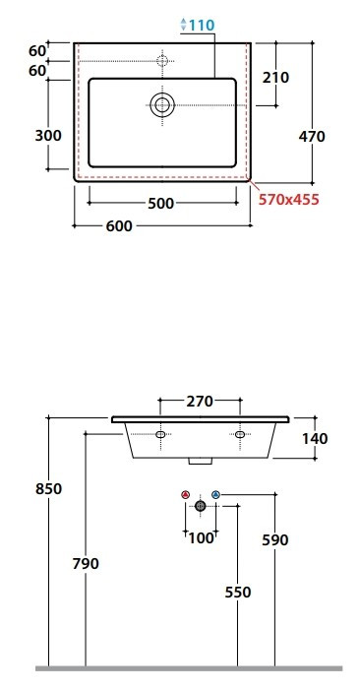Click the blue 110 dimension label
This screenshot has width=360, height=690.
click(202, 25)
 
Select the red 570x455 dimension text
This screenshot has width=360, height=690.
click(288, 200)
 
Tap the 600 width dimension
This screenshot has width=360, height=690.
click(119, 226)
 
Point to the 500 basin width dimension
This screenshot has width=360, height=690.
click(161, 204)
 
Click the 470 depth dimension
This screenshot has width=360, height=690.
click(312, 137)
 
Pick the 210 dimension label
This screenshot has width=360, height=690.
click(275, 78)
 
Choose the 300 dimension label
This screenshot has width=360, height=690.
click(48, 136)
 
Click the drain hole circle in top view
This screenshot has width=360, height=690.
click(162, 104)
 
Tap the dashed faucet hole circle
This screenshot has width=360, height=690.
click(162, 61)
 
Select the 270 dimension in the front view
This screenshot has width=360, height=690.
click(200, 402)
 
